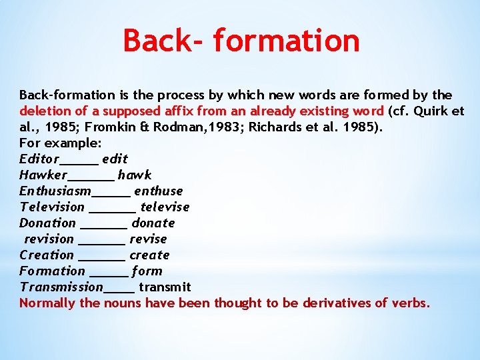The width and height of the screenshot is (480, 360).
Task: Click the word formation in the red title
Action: pyautogui.click(x=287, y=40)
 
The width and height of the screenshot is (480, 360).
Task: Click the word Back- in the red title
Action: pyautogui.click(x=165, y=40)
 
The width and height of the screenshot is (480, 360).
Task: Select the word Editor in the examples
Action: pyautogui.click(x=39, y=159)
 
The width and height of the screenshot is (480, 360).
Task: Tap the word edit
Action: pyautogui.click(x=115, y=159)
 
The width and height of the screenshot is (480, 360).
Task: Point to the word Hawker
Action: pyautogui.click(x=43, y=175)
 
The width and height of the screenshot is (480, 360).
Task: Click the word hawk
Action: pyautogui.click(x=135, y=175)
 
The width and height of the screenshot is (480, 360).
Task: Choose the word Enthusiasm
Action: pyautogui.click(x=55, y=191)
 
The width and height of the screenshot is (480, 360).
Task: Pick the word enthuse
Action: pyautogui.click(x=158, y=191)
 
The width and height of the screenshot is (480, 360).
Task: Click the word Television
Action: pyautogui.click(x=52, y=207)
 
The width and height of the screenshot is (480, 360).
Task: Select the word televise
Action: pyautogui.click(x=165, y=207)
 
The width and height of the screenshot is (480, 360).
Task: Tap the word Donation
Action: pyautogui.click(x=47, y=223)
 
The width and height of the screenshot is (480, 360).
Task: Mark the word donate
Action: pyautogui.click(x=153, y=223)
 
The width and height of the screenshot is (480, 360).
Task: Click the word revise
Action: pyautogui.click(x=148, y=239)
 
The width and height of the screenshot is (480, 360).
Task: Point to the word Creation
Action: pyautogui.click(x=47, y=255)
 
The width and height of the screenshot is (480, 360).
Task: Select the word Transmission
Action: pyautogui.click(x=61, y=287)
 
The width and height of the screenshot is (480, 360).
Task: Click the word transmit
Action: pyautogui.click(x=165, y=287)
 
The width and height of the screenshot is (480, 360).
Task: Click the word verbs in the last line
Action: pyautogui.click(x=411, y=303)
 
